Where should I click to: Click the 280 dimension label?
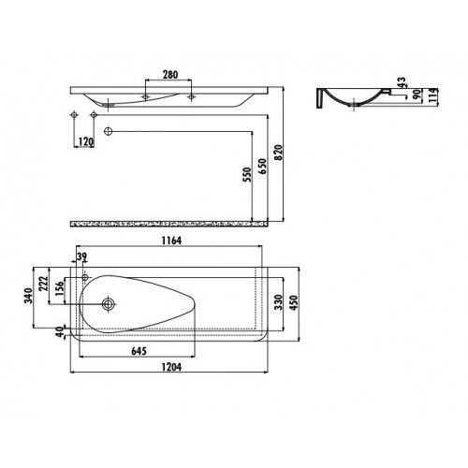point(170,75)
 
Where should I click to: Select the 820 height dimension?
point(278,153)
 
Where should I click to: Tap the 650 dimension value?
point(263,167)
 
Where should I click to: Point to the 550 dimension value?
point(247,175)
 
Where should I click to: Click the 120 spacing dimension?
point(85,142)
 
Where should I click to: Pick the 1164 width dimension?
point(171,241)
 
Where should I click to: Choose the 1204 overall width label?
point(171,367)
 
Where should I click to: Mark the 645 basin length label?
point(139,351)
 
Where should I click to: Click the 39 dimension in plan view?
point(81,256)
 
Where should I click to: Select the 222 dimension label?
point(43,284)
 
